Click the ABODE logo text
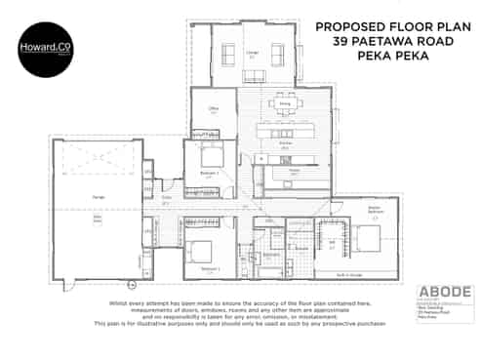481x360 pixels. coord(444,291)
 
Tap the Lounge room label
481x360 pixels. coord(252,55)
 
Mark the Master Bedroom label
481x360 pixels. coord(373,209)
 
